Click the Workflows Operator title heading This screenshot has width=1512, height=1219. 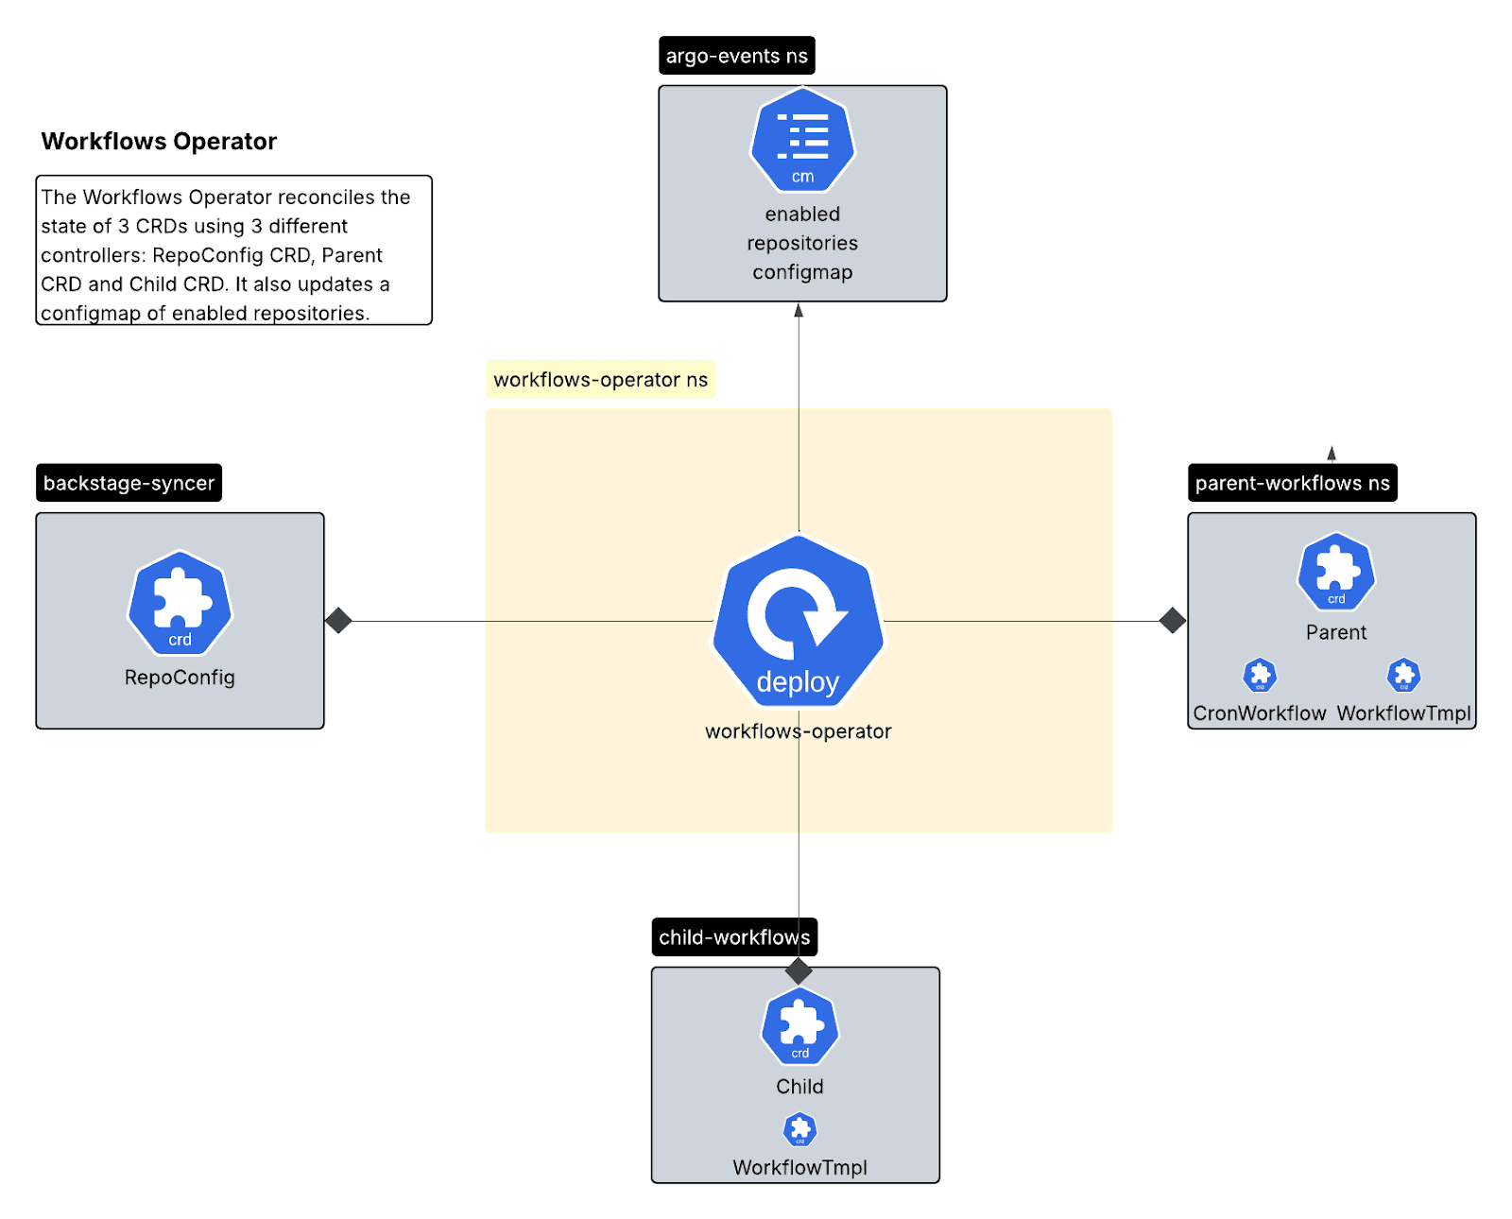[x=159, y=141]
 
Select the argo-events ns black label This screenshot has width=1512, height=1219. [x=736, y=56]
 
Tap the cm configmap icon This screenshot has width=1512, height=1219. [x=802, y=140]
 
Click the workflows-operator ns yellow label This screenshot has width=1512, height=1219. [x=600, y=379]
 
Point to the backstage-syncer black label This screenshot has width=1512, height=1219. [x=129, y=483]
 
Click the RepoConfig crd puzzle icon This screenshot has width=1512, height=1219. [x=180, y=603]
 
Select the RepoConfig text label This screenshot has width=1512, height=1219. [x=180, y=678]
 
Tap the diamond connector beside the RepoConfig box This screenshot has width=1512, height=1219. [x=338, y=621]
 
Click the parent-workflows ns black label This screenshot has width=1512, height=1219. [x=1292, y=483]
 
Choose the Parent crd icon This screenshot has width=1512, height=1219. [x=1335, y=571]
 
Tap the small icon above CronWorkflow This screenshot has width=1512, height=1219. [x=1260, y=675]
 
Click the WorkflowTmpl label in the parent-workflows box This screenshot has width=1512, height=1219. [x=1403, y=713]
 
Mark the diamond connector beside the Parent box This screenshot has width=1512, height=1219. [x=1172, y=621]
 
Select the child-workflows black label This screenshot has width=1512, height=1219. [x=734, y=937]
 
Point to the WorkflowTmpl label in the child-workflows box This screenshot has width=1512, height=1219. [x=799, y=1168]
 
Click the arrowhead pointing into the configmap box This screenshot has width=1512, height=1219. [x=799, y=310]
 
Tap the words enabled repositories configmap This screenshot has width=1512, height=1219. [x=802, y=243]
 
